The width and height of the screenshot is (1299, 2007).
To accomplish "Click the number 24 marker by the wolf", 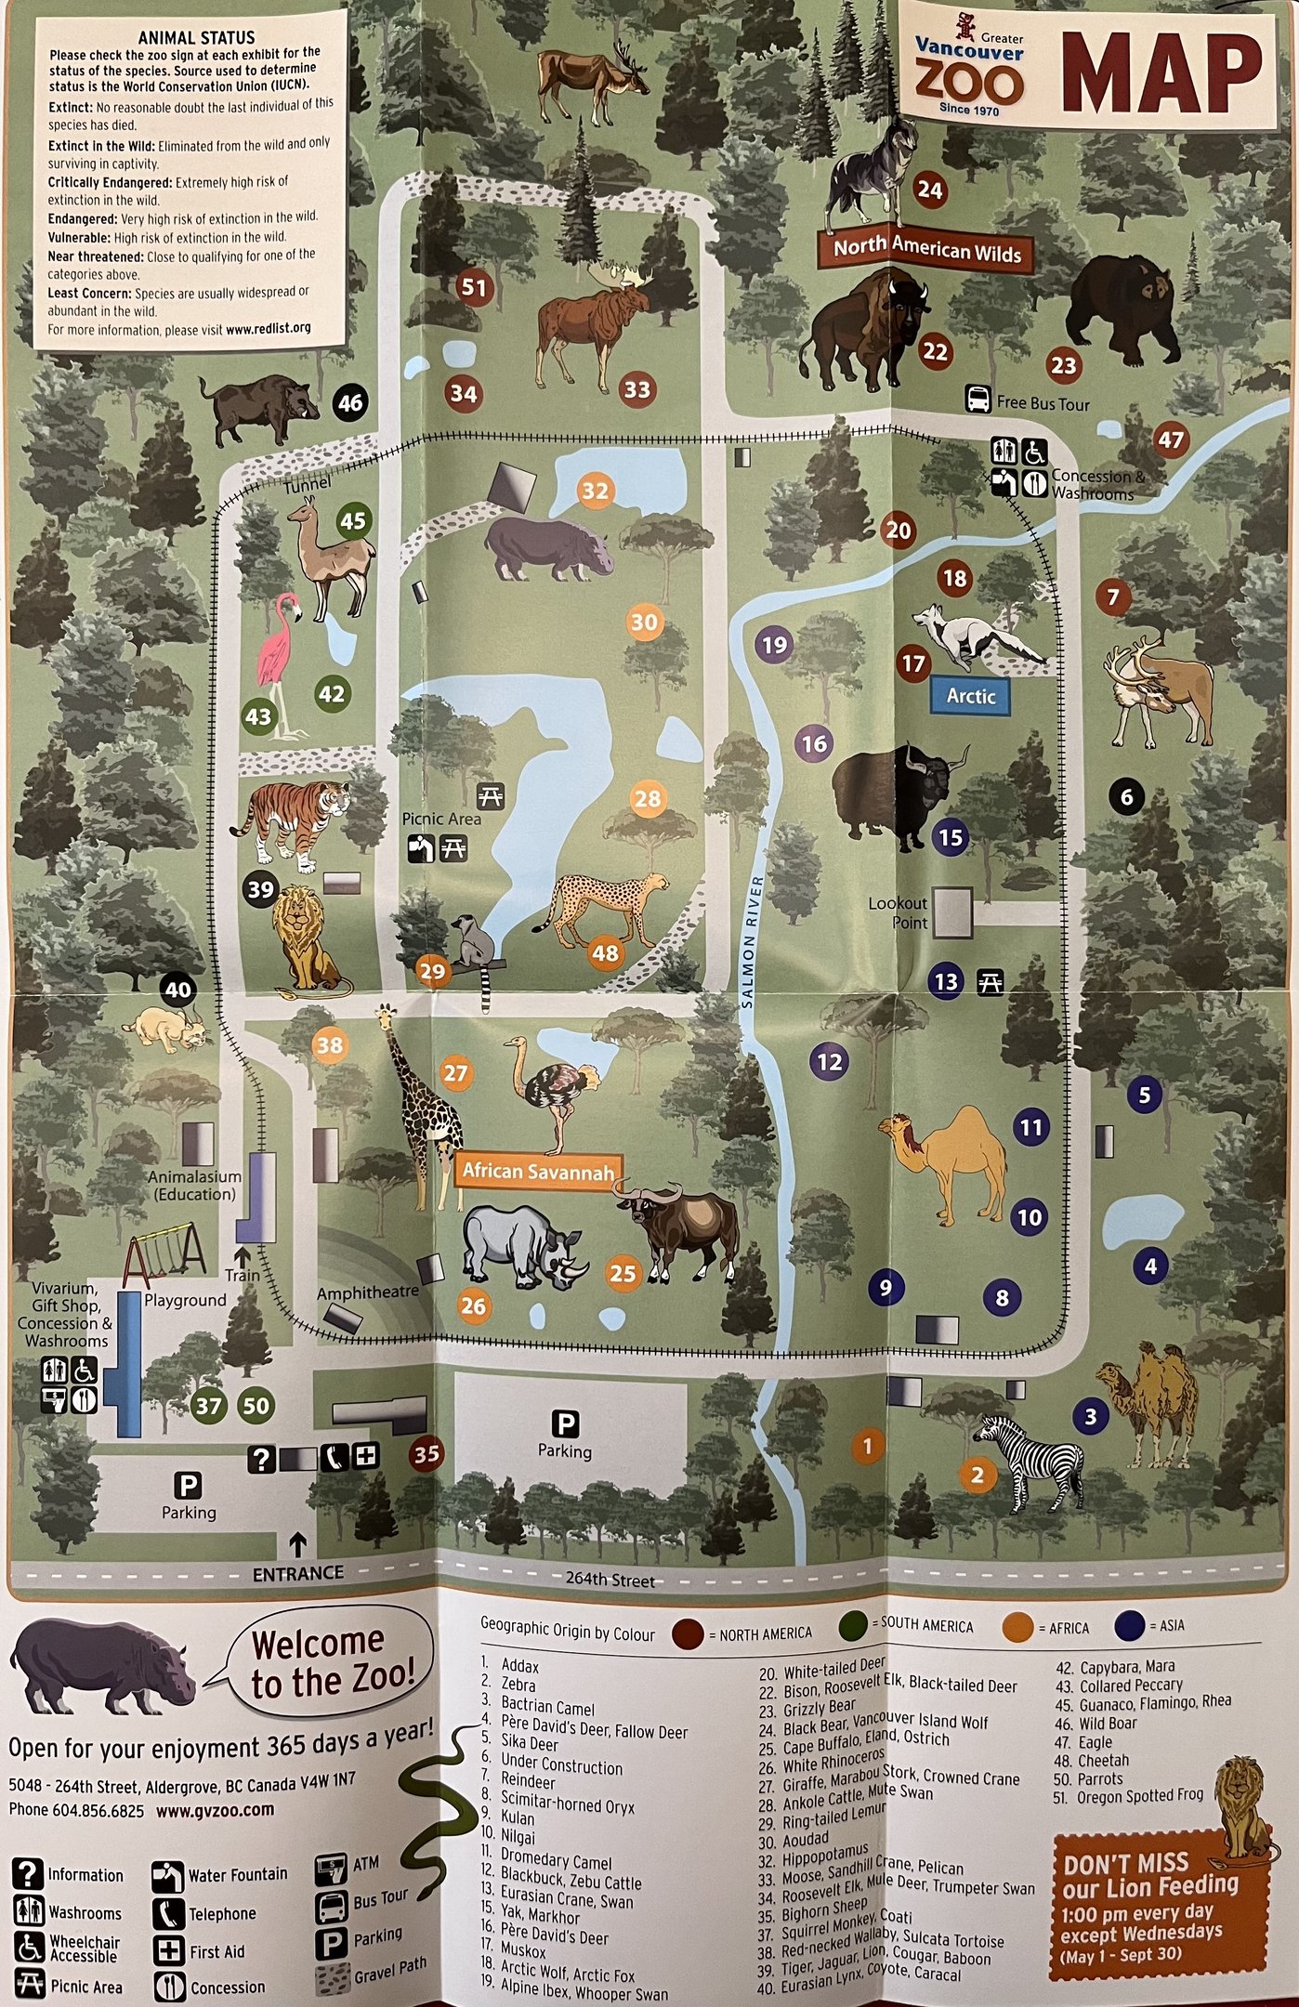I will point(929,190).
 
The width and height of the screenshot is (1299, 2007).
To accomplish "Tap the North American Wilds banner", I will point(926,249).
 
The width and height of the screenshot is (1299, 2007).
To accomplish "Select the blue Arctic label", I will point(970,696).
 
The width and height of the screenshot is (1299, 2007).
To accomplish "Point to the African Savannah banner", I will point(538,1172).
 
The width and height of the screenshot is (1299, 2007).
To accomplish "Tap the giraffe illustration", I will point(422,1106).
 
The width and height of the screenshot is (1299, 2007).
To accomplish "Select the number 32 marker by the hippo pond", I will point(595,491).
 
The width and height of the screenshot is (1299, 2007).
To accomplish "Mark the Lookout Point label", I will point(898,912).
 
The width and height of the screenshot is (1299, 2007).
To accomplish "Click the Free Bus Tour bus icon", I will point(978,400).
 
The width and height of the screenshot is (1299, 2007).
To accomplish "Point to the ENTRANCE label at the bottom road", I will point(297,1573).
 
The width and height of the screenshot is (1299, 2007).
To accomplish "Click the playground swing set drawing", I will point(165,1257).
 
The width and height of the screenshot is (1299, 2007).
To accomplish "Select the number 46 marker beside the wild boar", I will point(349,402).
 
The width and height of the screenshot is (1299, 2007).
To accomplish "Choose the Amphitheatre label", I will point(367,1292).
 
